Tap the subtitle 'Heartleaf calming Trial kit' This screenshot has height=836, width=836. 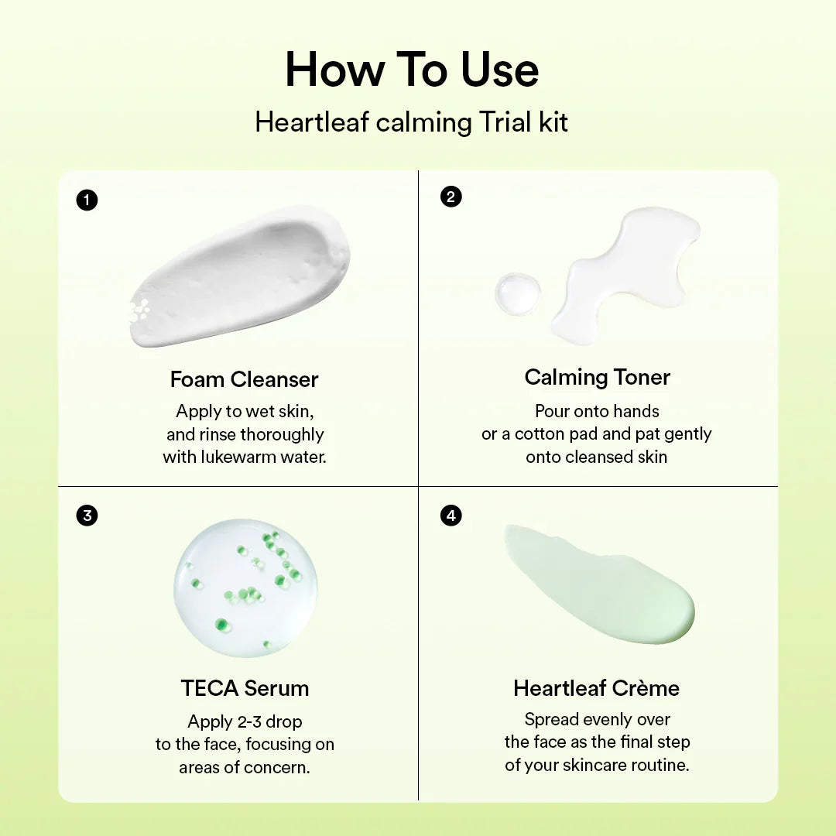412,122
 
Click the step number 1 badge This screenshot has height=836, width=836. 87,200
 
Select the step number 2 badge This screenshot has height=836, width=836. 451,197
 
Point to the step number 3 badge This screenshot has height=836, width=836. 87,515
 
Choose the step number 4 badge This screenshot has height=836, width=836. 451,515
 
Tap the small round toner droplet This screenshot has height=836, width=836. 518,293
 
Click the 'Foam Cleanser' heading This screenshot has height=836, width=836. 245,379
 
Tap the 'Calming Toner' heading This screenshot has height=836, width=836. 597,377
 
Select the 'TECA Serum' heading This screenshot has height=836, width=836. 245,687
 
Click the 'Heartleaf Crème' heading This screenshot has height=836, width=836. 596,687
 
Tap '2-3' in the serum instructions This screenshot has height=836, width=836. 248,721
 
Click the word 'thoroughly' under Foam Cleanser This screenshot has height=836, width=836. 282,433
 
